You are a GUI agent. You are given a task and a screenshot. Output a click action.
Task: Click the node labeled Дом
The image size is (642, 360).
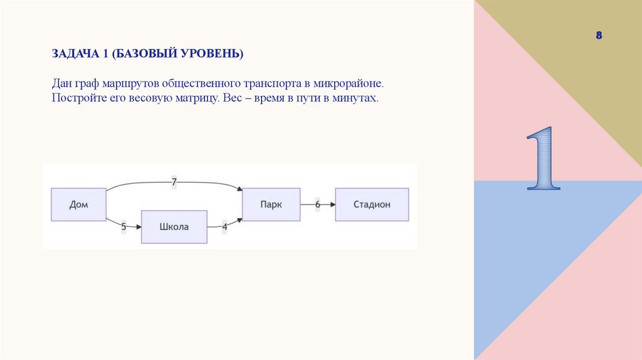[x=78, y=204]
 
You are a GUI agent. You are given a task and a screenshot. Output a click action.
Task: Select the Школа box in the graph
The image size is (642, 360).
[x=174, y=227]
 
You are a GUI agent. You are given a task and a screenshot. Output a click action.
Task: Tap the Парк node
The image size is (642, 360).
[x=271, y=204]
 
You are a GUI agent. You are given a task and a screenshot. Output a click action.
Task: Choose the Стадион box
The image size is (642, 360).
[x=372, y=204]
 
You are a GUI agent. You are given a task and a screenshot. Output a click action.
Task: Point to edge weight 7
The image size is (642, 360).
[x=174, y=182]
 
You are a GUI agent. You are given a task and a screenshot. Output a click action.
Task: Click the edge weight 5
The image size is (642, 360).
[x=124, y=227]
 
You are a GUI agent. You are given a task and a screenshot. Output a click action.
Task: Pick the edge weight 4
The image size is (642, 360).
[x=224, y=227]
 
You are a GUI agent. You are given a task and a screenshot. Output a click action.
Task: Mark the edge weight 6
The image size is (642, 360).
[x=317, y=204]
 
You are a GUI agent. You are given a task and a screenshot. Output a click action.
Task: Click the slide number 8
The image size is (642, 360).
[x=599, y=36]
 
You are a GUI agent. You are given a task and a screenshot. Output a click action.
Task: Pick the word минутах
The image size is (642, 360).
[x=358, y=99]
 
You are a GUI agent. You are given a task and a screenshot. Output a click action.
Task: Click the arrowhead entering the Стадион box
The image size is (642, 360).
[x=332, y=204]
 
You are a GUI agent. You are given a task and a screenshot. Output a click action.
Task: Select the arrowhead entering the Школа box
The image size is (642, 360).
[x=137, y=227]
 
